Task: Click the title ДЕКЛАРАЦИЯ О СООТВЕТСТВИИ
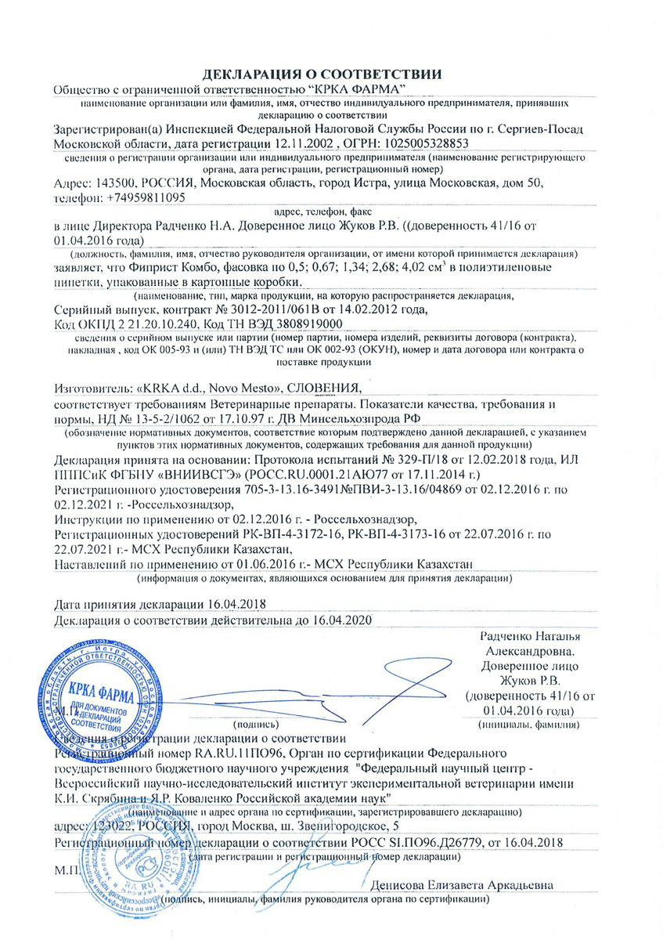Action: [x=323, y=74]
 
